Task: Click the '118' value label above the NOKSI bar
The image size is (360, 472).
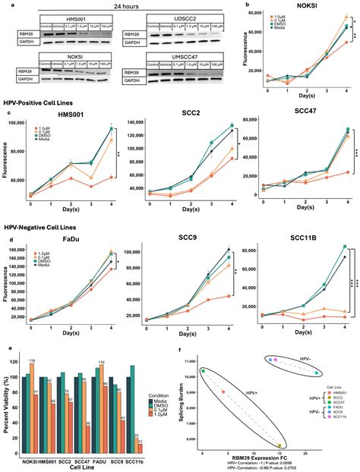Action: click(33, 360)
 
